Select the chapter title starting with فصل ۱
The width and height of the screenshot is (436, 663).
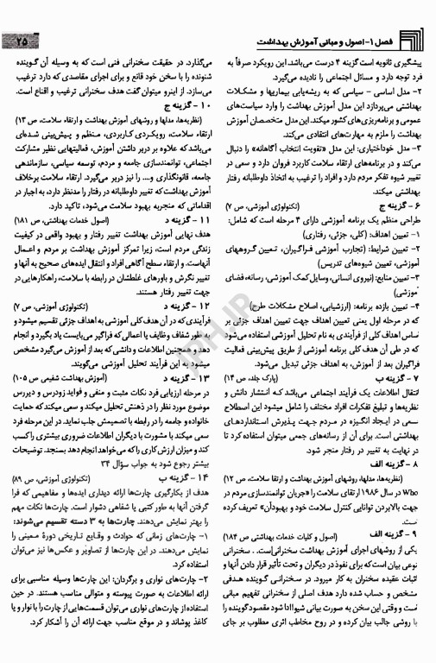[329, 41]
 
